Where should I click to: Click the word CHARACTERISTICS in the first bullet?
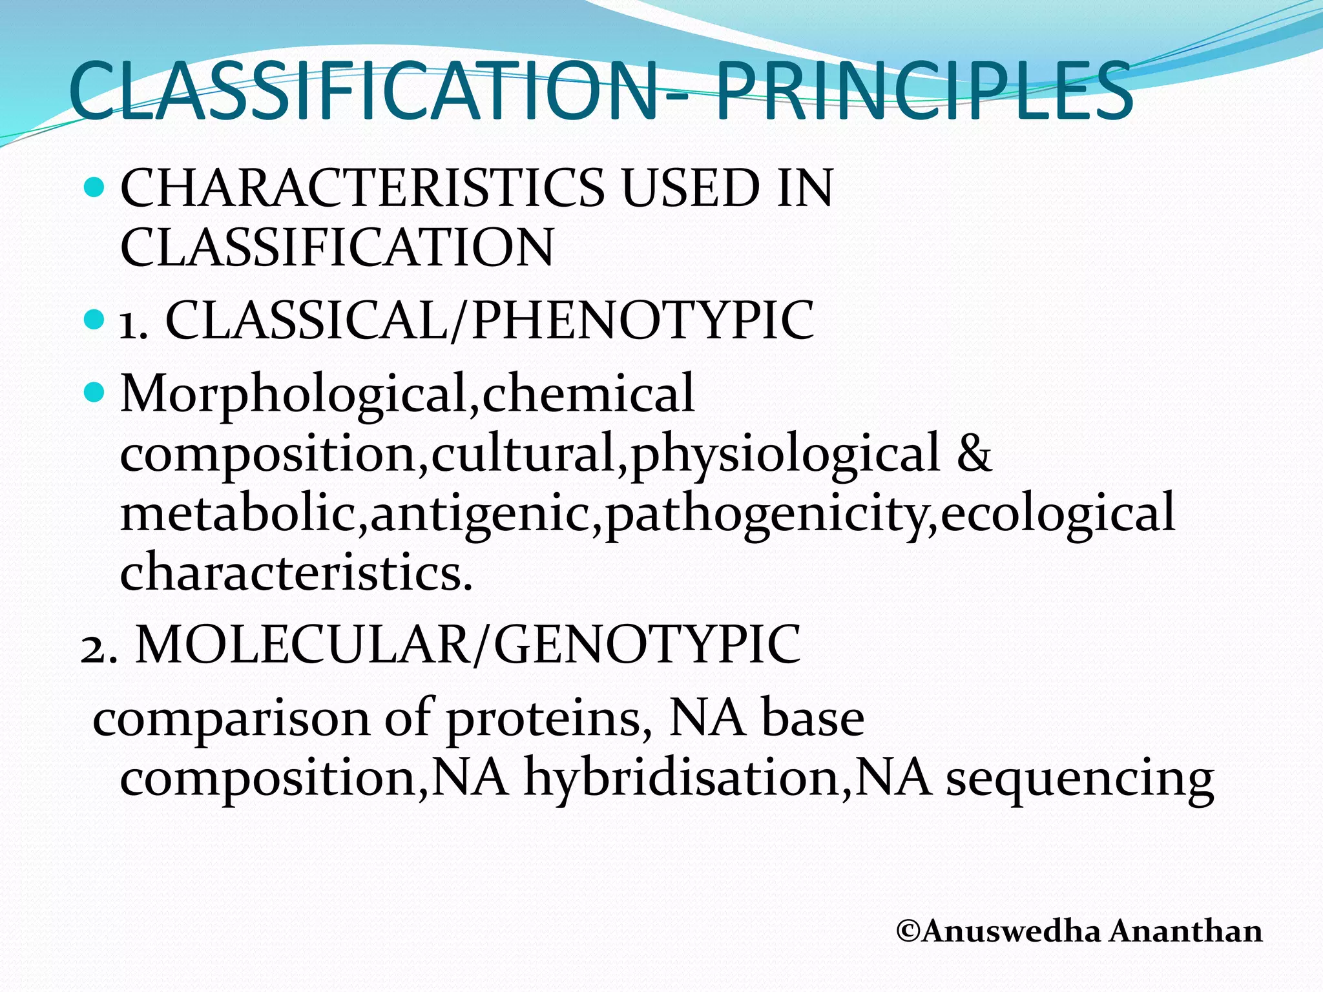click(x=362, y=189)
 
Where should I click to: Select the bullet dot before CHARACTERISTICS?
click(x=94, y=188)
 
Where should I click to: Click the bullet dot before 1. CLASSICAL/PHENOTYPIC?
click(x=94, y=320)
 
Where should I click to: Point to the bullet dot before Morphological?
click(x=94, y=391)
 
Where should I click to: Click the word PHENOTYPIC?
click(x=643, y=320)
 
